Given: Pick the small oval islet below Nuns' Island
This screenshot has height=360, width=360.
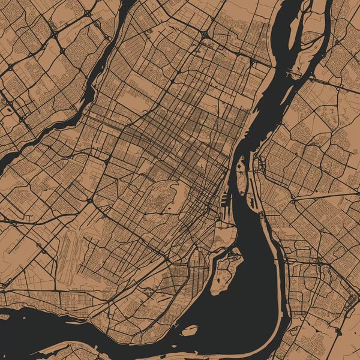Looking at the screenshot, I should [190, 330].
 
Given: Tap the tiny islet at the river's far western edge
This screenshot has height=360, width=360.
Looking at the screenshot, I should [5, 316].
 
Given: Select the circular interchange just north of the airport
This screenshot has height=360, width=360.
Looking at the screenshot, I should [90, 200].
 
